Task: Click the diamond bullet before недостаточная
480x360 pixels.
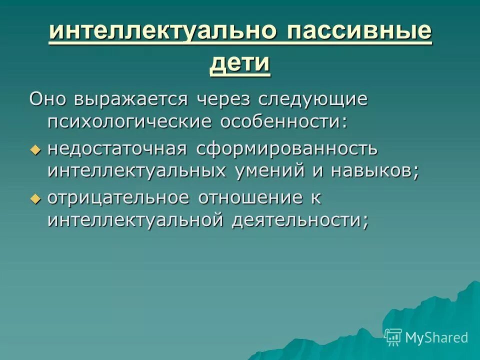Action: pos(34,149)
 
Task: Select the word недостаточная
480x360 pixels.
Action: pos(117,148)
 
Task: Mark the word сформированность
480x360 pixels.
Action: pos(287,148)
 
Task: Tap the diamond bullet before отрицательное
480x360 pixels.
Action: pos(34,198)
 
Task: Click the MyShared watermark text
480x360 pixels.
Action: pos(436,337)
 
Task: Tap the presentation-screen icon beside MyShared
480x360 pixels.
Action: pos(393,337)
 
